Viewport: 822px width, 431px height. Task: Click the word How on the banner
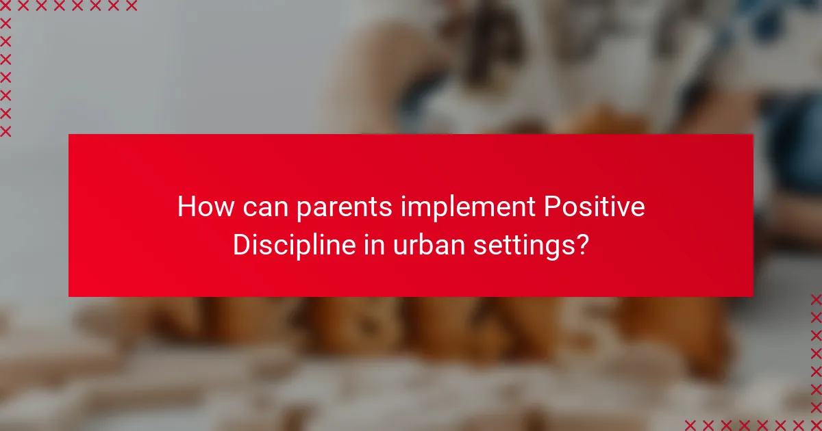[199, 207]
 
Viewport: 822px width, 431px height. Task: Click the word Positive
[594, 207]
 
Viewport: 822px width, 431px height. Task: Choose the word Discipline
[291, 246]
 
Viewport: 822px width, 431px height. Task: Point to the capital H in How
[186, 207]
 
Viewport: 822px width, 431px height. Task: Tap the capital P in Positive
[551, 207]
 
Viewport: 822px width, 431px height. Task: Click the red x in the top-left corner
[5, 6]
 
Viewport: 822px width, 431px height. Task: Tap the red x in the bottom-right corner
[815, 424]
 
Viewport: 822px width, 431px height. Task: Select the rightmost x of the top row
[131, 6]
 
